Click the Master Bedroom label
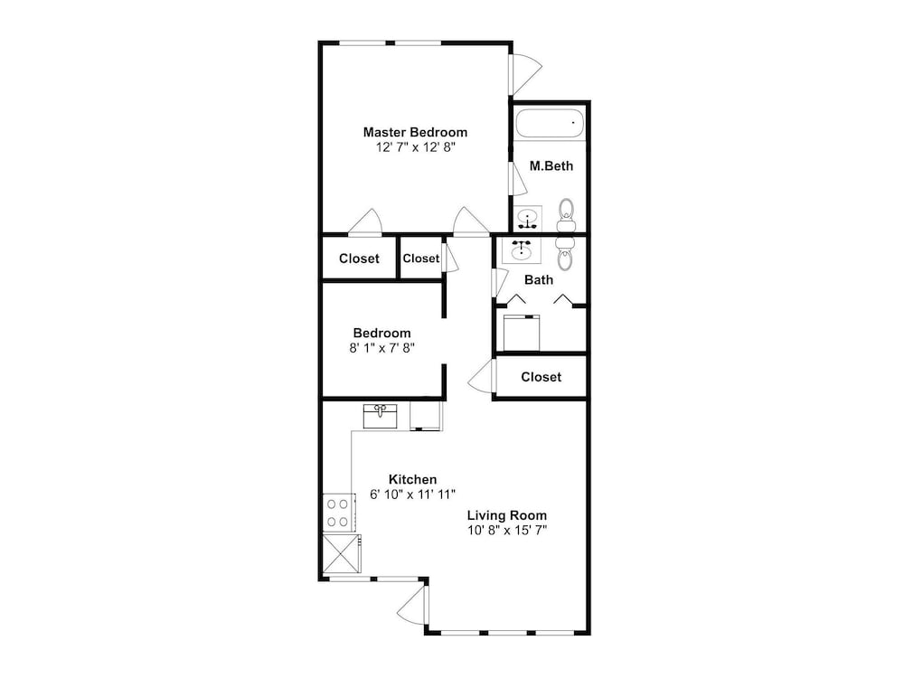tap(415, 132)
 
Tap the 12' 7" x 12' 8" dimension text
tap(416, 147)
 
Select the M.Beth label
tap(551, 166)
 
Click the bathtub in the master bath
tap(550, 123)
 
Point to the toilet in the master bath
tap(567, 214)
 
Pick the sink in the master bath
tap(528, 219)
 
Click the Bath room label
tap(539, 279)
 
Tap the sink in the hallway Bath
tap(522, 250)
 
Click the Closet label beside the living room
tap(541, 377)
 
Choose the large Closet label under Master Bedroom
tap(359, 259)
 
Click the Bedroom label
tap(381, 333)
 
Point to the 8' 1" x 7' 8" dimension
tap(381, 348)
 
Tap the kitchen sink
tap(380, 416)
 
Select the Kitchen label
tap(412, 479)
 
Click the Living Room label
tap(507, 515)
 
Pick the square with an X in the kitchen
tap(342, 553)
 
